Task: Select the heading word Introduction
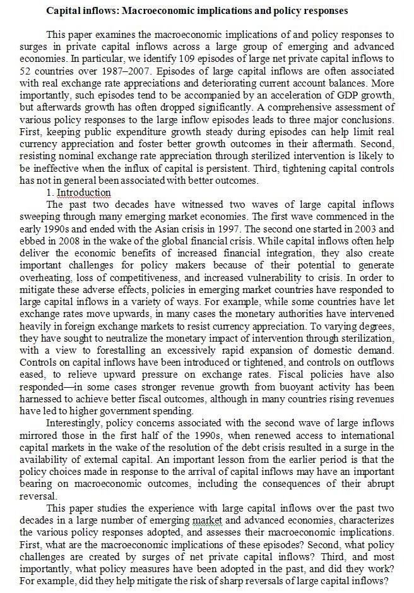(x=83, y=192)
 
